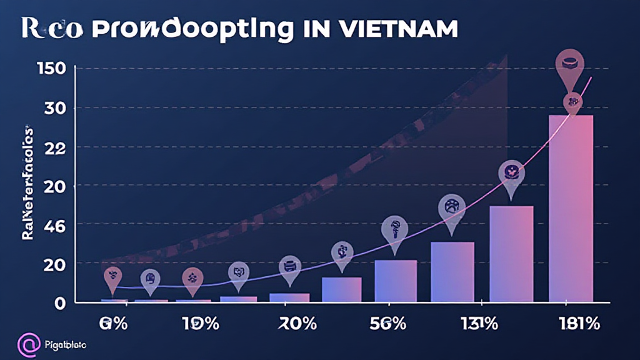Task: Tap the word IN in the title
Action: point(326,29)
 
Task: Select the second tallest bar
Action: point(511,254)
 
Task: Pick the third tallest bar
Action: point(452,272)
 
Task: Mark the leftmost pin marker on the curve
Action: point(112,277)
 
